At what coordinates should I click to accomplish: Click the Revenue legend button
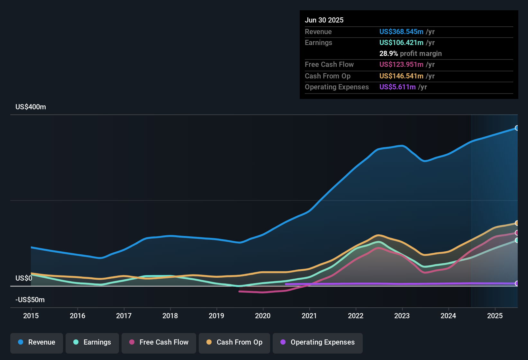pos(37,342)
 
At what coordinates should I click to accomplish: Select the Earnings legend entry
pos(92,342)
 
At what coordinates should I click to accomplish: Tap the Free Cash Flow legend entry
pos(159,342)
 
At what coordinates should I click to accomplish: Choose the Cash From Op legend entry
pos(234,342)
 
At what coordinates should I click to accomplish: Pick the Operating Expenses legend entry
pos(318,342)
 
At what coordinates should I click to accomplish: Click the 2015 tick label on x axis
pos(31,316)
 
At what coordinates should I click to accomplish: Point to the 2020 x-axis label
pos(263,316)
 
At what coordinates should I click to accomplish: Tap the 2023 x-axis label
pos(402,316)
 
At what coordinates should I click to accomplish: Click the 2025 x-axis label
pos(495,316)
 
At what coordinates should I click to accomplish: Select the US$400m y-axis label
pos(31,107)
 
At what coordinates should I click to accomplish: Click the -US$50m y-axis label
pos(30,300)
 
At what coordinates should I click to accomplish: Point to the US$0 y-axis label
pos(24,278)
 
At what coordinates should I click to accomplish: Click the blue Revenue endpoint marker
pos(517,128)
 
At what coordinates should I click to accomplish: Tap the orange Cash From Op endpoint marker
pos(517,223)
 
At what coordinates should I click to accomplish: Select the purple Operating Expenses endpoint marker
pos(517,283)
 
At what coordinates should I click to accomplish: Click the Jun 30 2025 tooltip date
pos(324,20)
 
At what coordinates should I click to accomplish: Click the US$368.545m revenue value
pos(401,32)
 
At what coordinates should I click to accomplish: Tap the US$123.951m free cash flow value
pos(401,64)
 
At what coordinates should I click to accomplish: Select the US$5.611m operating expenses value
pos(397,87)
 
